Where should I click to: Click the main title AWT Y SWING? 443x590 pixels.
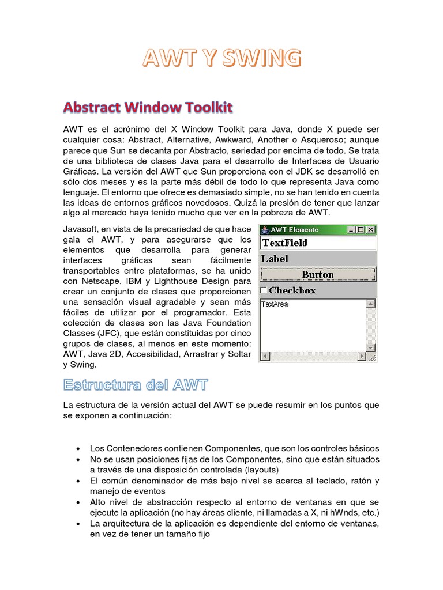[221, 58]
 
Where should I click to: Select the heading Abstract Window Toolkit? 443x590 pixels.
[148, 107]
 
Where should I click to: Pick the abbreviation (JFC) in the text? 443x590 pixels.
[112, 333]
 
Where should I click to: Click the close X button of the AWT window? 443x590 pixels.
[370, 229]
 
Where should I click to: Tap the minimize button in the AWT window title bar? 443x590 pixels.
[351, 229]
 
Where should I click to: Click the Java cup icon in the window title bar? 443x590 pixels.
[265, 229]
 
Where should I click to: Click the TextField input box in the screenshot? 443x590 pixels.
[317, 243]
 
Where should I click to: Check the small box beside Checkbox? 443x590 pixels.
[264, 290]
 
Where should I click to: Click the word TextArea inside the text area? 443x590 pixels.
[275, 304]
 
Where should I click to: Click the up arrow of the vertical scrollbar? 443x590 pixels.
[370, 304]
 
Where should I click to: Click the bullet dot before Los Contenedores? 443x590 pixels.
[78, 448]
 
